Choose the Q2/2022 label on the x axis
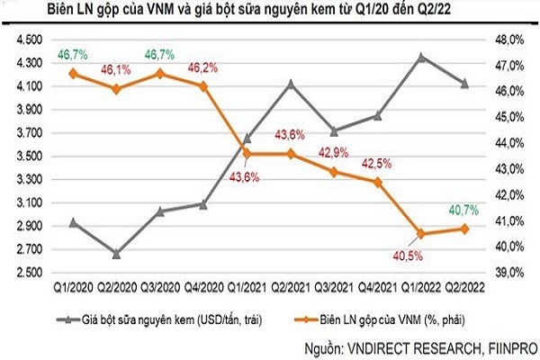pyautogui.click(x=463, y=287)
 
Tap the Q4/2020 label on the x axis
pyautogui.click(x=203, y=287)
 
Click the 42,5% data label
pyautogui.click(x=373, y=163)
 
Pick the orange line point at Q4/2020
pyautogui.click(x=203, y=85)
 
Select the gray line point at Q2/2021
pyautogui.click(x=290, y=83)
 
